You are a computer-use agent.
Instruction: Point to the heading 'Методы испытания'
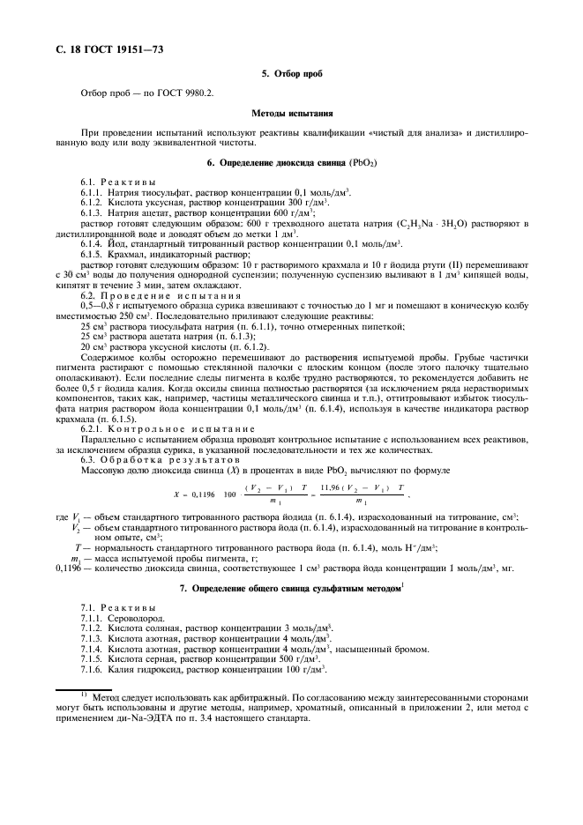point(291,114)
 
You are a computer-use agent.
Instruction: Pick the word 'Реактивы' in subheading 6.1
point(133,182)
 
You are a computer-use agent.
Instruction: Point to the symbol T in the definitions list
point(78,546)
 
